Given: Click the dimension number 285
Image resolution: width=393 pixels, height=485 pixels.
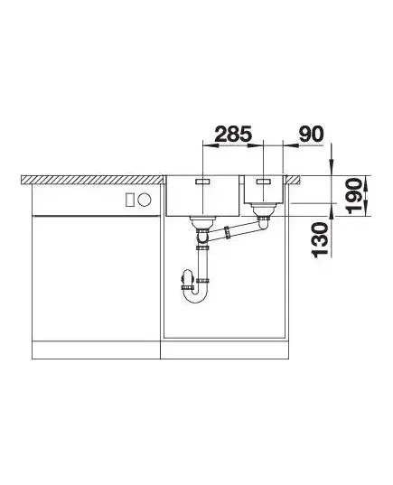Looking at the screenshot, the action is click(x=233, y=134).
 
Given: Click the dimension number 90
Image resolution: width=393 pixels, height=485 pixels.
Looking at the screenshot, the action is click(x=311, y=134).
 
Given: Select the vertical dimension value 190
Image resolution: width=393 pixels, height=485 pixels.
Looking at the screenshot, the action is click(x=354, y=195).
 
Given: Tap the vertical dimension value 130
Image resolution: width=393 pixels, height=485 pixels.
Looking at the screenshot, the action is click(x=320, y=240).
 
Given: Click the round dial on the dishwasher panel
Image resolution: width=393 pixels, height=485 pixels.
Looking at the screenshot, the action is click(x=145, y=200).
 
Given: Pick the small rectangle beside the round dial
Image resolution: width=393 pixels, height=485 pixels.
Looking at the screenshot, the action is click(x=130, y=200).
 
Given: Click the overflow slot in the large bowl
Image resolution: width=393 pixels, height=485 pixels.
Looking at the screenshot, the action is click(x=202, y=182).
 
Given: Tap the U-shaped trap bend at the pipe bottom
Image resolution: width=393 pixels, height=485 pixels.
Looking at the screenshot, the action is click(x=194, y=296).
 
